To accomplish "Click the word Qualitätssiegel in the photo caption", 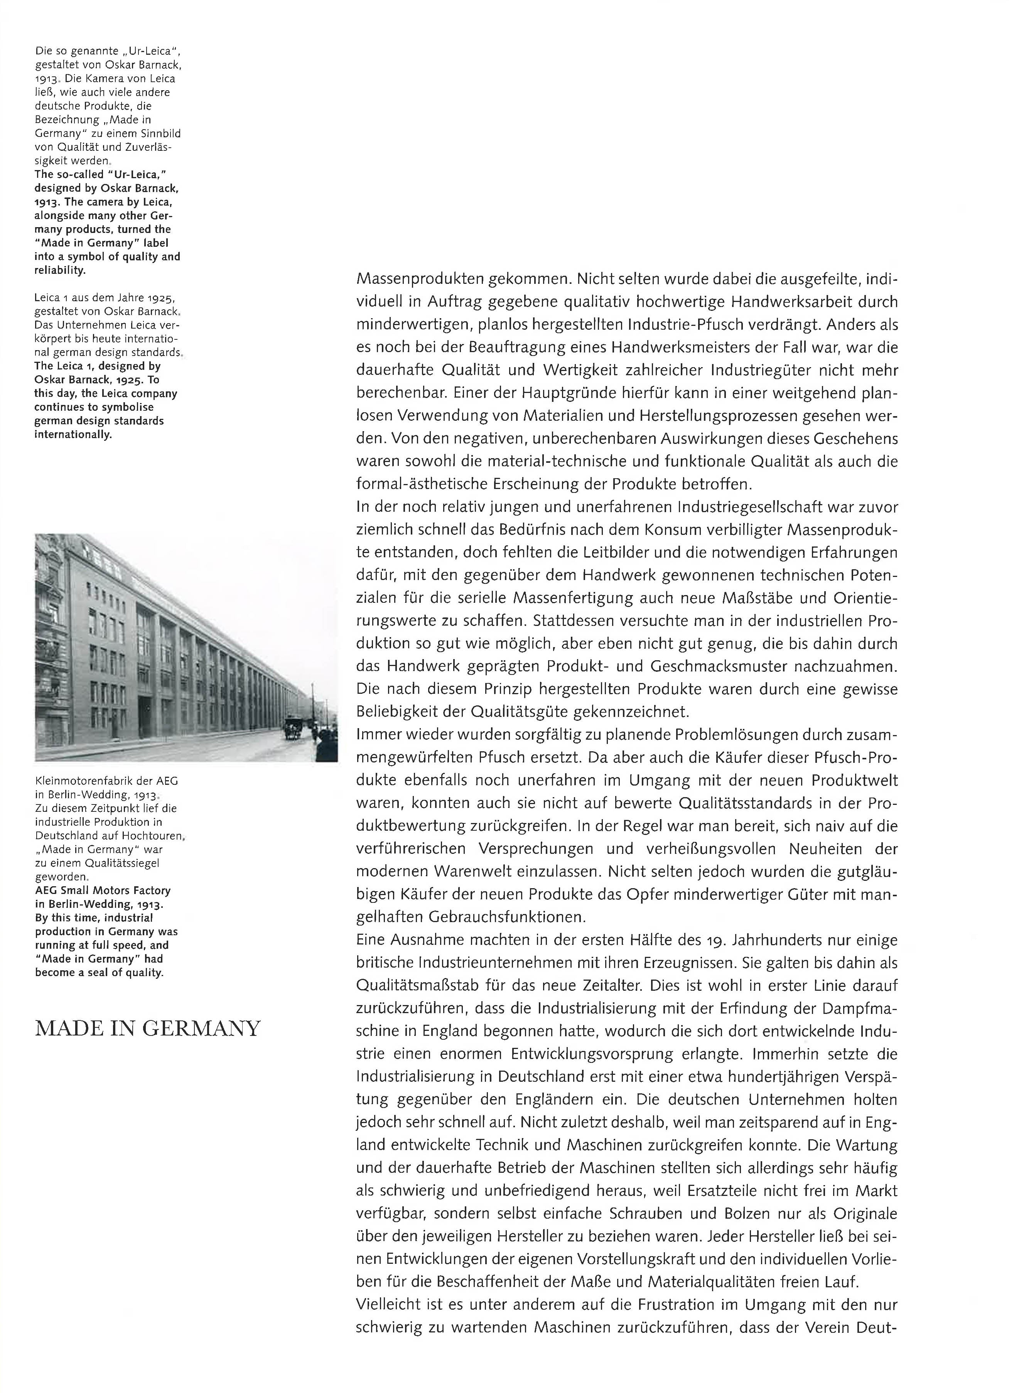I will (x=119, y=863).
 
